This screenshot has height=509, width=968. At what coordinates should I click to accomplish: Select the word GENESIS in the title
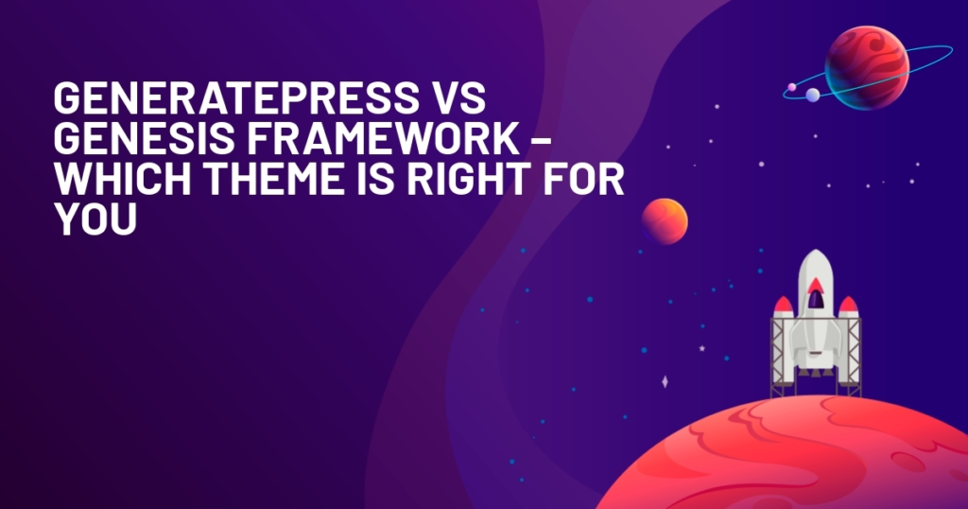point(144,138)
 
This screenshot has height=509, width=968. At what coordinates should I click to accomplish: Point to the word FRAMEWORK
point(383,138)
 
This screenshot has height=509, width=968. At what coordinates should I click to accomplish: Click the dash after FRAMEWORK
point(541,140)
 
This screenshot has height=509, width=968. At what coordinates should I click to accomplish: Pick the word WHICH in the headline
point(124,179)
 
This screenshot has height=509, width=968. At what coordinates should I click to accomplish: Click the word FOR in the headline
point(583,179)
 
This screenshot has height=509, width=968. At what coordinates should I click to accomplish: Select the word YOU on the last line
point(95,219)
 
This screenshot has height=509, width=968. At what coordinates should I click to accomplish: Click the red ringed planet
point(867,68)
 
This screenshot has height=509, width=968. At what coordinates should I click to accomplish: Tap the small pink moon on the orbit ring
point(791,87)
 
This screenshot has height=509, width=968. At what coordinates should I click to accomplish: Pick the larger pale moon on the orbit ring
point(813,95)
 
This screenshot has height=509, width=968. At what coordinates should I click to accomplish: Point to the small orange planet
point(665,220)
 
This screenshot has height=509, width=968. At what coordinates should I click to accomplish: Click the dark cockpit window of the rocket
point(816,299)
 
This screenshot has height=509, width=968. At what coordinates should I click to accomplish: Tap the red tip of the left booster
point(784,305)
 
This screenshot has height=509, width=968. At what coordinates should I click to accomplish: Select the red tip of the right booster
point(848,305)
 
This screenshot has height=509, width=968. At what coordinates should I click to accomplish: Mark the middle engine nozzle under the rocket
point(816,371)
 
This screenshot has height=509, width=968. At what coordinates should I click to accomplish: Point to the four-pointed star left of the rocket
point(665,382)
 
